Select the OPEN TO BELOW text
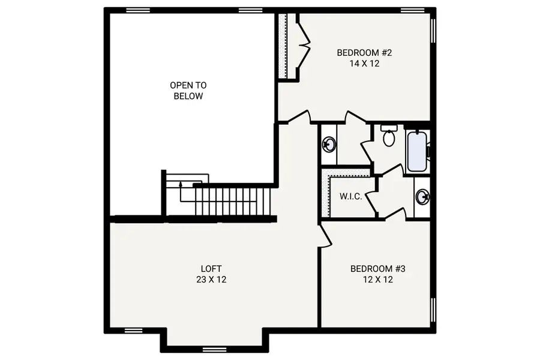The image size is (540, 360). click(188, 91)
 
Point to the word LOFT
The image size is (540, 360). click(212, 269)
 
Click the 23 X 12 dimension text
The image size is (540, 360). click(212, 280)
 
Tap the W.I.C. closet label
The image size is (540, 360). click(350, 196)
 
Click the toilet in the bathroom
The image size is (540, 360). click(388, 137)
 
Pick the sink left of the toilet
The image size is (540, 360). click(329, 144)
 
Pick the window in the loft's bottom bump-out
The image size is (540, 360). click(214, 349)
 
